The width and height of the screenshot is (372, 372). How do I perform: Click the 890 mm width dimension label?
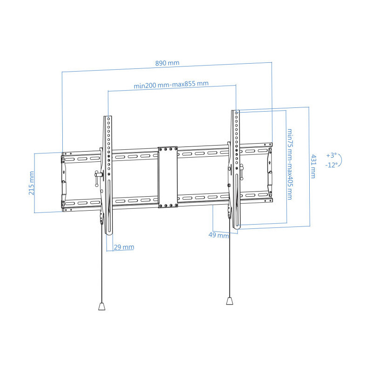[167, 63]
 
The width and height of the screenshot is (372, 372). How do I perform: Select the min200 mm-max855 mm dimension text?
[171, 85]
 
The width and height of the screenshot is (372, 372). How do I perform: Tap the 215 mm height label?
[31, 183]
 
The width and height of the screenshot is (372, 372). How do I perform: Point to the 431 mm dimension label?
[313, 166]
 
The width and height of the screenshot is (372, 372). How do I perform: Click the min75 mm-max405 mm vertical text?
[290, 164]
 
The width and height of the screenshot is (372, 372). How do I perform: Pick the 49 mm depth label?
[219, 235]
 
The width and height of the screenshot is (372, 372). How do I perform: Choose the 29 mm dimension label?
[124, 247]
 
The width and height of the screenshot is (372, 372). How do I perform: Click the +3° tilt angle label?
[332, 155]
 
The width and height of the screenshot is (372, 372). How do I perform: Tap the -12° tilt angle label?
[331, 165]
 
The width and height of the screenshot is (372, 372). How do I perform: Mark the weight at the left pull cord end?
[102, 306]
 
